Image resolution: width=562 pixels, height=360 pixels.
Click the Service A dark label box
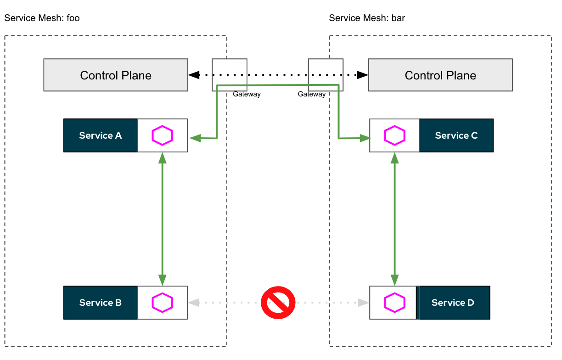[101, 135]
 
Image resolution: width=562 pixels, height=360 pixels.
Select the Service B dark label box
[101, 303]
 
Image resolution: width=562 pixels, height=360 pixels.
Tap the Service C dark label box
[456, 135]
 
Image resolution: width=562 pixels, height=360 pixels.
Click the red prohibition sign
[278, 303]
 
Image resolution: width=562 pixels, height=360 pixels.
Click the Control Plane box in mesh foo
[116, 75]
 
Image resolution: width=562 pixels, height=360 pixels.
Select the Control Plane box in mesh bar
[440, 75]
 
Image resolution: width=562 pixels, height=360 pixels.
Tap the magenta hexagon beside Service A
[163, 135]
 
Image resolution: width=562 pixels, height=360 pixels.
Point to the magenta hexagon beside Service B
[163, 303]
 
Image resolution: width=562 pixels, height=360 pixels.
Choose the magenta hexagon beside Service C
[394, 135]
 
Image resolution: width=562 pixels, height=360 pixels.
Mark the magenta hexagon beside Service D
[394, 303]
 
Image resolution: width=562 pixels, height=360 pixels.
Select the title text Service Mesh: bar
[367, 18]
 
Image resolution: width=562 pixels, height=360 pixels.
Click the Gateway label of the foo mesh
[247, 94]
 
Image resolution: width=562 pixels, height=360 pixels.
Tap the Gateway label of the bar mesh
[312, 94]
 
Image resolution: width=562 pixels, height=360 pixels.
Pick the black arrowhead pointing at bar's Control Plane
[363, 74]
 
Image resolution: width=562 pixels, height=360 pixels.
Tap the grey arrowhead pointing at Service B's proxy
[194, 303]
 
